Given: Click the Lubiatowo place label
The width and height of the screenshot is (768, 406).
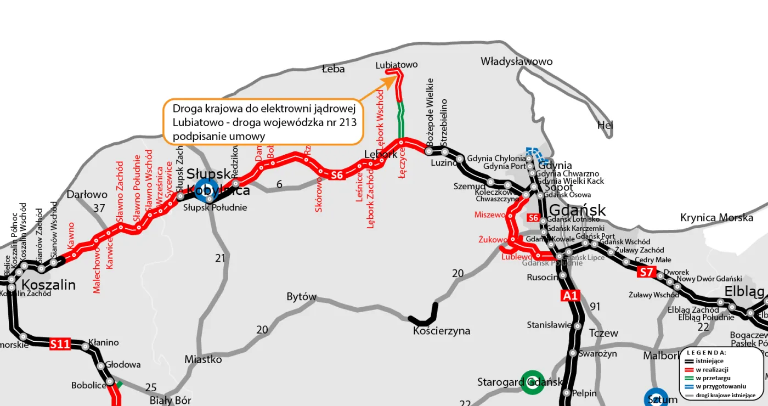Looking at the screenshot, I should tap(396, 65).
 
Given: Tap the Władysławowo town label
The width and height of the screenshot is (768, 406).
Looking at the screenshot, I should tap(516, 61).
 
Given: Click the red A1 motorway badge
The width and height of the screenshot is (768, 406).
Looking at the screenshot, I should tap(570, 296).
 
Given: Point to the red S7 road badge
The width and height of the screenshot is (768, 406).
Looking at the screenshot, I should tap(647, 272).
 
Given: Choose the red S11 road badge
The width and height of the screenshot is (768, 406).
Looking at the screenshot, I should tap(60, 345).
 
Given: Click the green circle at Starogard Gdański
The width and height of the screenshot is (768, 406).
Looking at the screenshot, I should tap(532, 382).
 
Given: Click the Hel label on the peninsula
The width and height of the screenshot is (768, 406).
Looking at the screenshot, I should tap(605, 126).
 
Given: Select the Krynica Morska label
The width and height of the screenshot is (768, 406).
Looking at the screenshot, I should tap(716, 218).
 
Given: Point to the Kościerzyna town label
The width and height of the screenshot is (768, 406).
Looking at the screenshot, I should tap(442, 331).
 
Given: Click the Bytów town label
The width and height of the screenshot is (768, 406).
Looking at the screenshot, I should tap(302, 297).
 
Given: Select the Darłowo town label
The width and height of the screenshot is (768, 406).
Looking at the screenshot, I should tap(87, 194).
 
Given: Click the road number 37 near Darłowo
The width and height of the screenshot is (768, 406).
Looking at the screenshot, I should tap(99, 208).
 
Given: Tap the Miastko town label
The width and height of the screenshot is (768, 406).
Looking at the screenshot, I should tap(203, 359).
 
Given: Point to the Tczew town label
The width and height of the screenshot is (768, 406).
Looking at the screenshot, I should tap(603, 333).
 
